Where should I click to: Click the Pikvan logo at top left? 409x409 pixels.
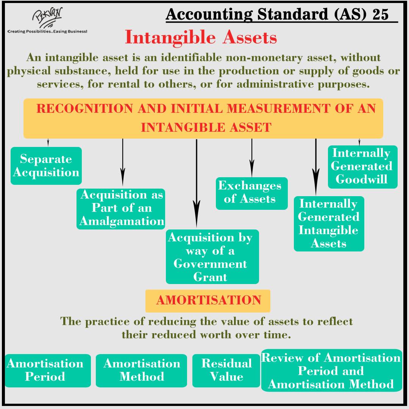coord(47,17)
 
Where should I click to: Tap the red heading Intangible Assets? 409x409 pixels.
coord(201,37)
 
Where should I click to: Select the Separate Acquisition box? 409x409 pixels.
coord(46,166)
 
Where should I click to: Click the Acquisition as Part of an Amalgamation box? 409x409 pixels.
coord(121,208)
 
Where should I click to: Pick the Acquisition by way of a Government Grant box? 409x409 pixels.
coord(212,257)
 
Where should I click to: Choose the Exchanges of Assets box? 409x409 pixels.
coord(251,193)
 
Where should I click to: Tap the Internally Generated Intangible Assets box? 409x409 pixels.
coord(329,223)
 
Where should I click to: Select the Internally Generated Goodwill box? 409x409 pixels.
coord(362,167)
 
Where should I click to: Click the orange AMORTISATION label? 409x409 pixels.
coord(208,301)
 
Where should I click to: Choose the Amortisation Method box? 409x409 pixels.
coord(141,370)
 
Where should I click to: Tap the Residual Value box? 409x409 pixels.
coord(226,370)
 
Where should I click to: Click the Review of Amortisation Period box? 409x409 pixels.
coord(331,370)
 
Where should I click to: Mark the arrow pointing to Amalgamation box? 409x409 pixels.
coord(122,161)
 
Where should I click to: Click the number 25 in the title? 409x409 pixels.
coord(381,14)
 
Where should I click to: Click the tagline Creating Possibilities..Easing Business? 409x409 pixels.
coord(47,31)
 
